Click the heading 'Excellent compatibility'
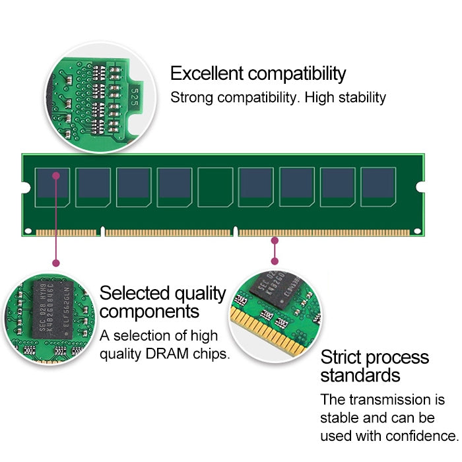pyautogui.click(x=257, y=73)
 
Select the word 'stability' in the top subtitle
pyautogui.click(x=360, y=98)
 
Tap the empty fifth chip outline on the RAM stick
pyautogui.click(x=215, y=187)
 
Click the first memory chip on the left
pyautogui.click(x=52, y=187)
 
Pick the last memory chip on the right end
pyautogui.click(x=378, y=187)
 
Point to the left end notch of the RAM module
pyautogui.click(x=24, y=188)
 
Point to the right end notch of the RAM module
pyautogui.click(x=422, y=188)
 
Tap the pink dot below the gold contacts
pyautogui.click(x=275, y=242)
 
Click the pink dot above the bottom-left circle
pyautogui.click(x=56, y=263)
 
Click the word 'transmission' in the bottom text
pyautogui.click(x=385, y=400)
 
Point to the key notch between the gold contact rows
pyautogui.click(x=102, y=232)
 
